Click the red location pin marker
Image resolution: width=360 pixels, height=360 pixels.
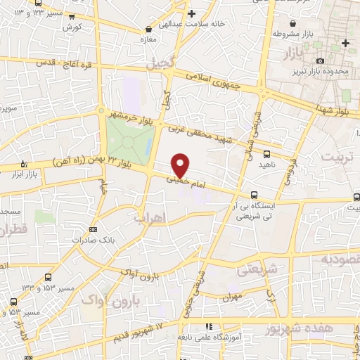coord(181,165)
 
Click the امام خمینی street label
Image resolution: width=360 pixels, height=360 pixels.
coord(187,181)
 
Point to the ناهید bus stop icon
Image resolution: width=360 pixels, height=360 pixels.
coord(266,153)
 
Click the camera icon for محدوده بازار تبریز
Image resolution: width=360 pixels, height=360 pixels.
coord(321,61)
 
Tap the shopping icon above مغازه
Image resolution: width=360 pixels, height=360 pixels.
coord(148,30)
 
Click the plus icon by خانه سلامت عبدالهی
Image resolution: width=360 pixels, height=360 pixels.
coord(192,13)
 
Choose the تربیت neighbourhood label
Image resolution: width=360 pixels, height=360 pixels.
coord(339,155)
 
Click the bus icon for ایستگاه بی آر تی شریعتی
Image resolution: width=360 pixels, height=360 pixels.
coord(254,195)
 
